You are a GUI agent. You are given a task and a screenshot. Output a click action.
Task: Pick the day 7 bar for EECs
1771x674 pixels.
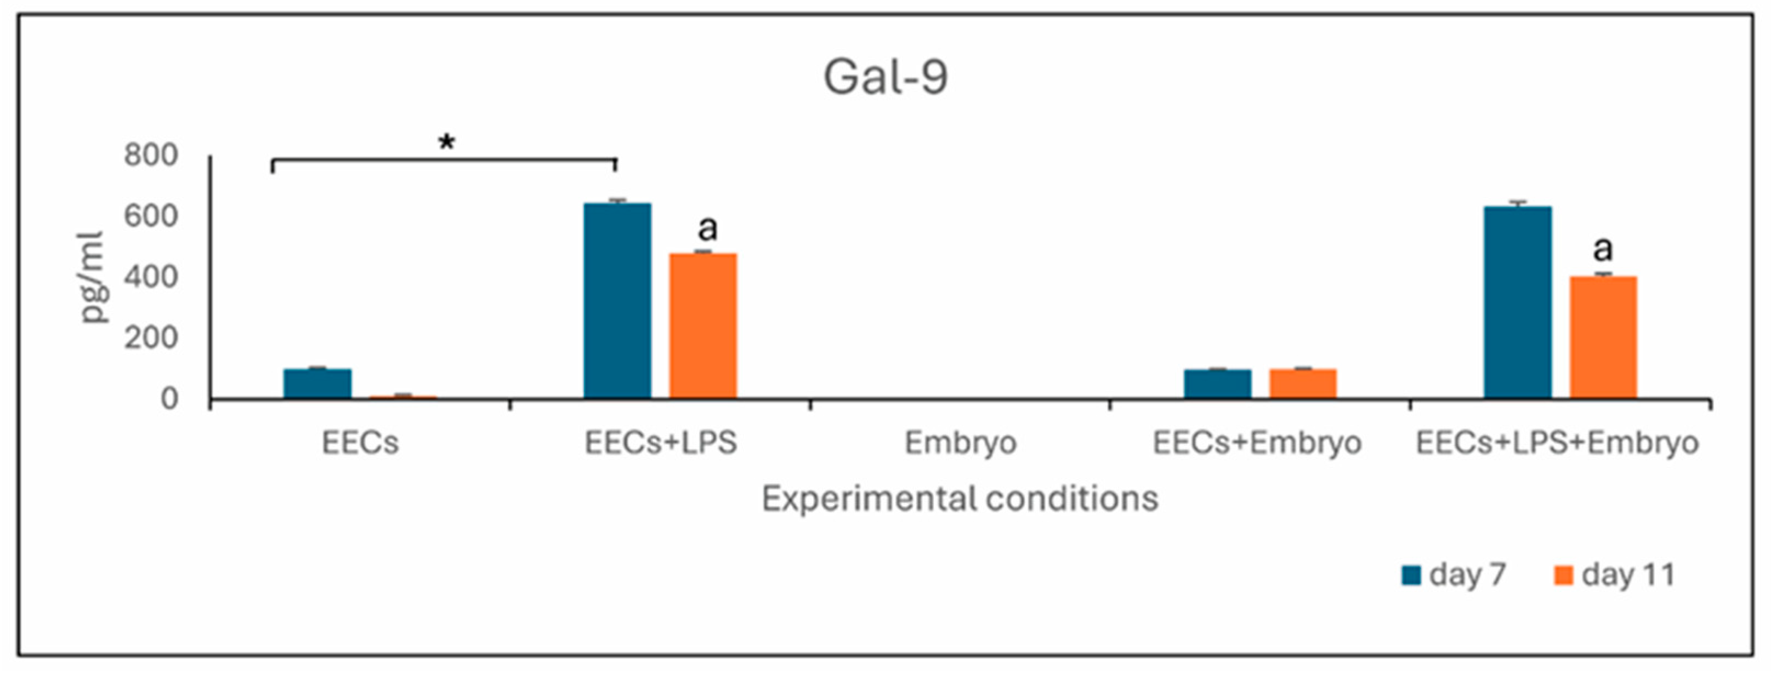pos(317,384)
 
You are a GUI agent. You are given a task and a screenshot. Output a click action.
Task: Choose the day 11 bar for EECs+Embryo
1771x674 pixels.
pos(1303,384)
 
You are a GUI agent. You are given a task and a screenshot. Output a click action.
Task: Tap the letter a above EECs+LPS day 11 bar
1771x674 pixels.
pos(707,228)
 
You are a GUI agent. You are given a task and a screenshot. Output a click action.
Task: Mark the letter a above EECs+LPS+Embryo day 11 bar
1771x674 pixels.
pos(1603,249)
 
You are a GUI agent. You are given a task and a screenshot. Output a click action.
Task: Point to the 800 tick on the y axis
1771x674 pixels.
pos(151,156)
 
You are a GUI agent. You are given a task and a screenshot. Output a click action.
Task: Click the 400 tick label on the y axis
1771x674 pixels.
pos(151,278)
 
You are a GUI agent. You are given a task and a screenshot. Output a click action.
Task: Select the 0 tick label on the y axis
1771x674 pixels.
pos(169,399)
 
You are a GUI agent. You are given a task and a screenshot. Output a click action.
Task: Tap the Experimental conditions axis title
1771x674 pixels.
pos(960,499)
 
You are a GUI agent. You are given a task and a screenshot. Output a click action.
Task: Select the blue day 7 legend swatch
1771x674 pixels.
pos(1411,575)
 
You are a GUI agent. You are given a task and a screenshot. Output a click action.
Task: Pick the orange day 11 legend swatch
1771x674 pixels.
pos(1563,575)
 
